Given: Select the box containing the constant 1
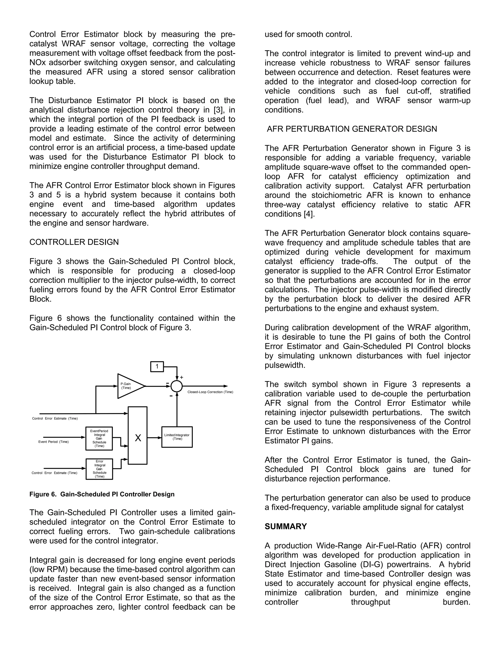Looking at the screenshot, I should pos(157,366).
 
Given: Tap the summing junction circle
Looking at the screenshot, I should pos(177,386).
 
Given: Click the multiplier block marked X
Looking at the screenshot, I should pos(138,438).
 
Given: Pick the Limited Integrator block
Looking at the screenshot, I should pos(177,437).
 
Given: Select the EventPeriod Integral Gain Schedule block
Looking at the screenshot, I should pos(99,438).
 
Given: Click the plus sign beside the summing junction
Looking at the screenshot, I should pos(182,377).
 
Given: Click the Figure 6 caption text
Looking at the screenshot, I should pos(102,494).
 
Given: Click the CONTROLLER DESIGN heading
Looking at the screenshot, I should pos(74,242).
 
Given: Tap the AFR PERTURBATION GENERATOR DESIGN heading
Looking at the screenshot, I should pos(352,129).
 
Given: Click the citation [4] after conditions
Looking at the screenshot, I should pos(309,214).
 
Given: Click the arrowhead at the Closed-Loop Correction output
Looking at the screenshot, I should pos(226,386).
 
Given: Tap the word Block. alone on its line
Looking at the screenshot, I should pos(40,299).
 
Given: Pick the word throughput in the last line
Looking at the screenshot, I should pos(370,602).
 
